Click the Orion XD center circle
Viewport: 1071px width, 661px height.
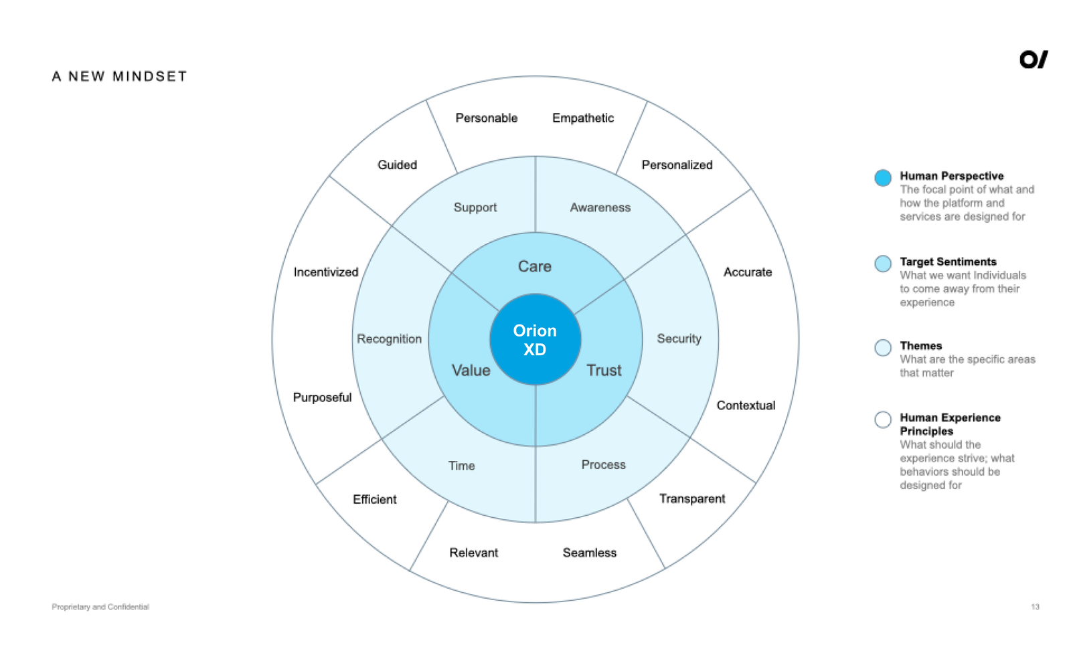pos(535,339)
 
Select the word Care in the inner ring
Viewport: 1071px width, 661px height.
pos(535,266)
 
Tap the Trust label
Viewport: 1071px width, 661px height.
pos(604,371)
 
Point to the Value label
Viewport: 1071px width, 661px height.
pos(471,371)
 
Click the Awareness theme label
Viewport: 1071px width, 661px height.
pos(600,207)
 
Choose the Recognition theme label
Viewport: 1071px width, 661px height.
pos(389,339)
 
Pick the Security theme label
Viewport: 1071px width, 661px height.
pos(679,339)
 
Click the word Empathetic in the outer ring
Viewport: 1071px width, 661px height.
pos(583,118)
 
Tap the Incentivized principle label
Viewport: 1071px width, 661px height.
pos(325,272)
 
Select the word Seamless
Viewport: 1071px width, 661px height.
pos(590,553)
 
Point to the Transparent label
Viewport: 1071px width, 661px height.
pos(692,498)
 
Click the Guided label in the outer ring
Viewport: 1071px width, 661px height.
pos(398,165)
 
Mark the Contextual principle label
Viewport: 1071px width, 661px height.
pos(746,405)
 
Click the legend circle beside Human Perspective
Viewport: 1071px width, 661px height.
pos(883,178)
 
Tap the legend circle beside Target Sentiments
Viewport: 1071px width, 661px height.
pos(883,264)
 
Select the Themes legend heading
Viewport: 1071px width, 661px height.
pos(921,346)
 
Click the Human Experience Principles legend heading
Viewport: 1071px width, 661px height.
pos(950,424)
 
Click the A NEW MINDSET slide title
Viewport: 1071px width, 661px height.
pos(120,76)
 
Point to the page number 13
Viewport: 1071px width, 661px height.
pos(1035,607)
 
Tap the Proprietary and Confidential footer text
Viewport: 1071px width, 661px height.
pos(100,607)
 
